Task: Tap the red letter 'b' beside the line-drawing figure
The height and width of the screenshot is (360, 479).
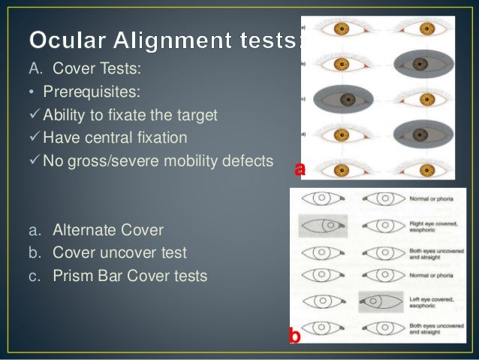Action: coord(295,337)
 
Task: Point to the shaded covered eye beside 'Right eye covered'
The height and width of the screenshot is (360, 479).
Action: coord(322,224)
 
